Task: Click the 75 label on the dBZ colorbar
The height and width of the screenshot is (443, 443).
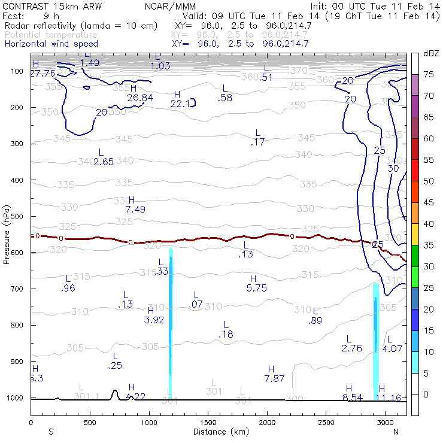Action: point(429,75)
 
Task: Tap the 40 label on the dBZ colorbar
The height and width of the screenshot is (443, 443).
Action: point(429,224)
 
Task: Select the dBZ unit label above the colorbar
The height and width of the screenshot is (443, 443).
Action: point(431,53)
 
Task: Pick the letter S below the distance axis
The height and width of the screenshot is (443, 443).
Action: point(51,431)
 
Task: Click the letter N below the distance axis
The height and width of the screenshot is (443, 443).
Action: point(396,431)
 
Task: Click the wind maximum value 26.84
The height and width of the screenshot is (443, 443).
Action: point(140,98)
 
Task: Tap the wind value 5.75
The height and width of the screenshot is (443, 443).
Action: point(256,288)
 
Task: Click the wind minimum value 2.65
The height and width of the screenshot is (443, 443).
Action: point(104,162)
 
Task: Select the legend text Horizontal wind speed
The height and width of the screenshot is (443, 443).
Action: point(51,44)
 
